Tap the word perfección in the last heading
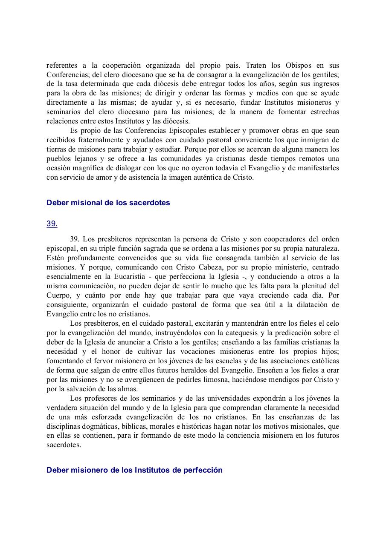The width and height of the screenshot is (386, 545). pyautogui.click(x=203, y=470)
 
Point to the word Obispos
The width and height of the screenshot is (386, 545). pyautogui.click(x=299, y=66)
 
